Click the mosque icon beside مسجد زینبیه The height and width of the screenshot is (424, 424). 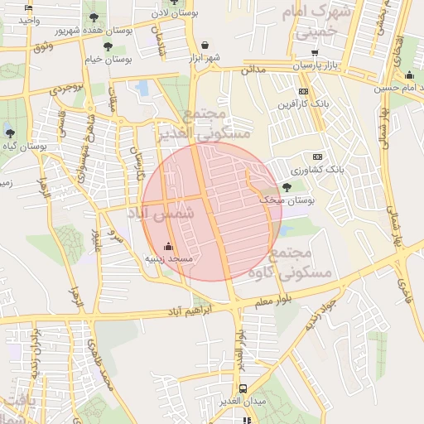169,246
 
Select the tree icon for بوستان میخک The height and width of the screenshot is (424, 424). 287,187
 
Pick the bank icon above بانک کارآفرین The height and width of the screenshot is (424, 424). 303,91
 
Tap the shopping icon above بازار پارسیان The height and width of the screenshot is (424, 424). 315,52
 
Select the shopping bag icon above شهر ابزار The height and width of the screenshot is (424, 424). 205,45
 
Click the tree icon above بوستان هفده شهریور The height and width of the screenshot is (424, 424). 93,17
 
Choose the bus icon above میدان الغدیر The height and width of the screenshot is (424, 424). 243,388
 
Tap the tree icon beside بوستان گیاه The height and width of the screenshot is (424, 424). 9,132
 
